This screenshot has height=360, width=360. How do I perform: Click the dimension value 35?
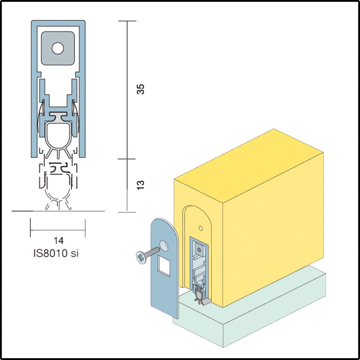140,89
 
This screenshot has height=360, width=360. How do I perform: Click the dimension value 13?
140,185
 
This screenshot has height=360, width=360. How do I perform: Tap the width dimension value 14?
59,240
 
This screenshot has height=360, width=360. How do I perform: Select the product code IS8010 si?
56,254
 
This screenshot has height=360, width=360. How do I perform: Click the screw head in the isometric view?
141,257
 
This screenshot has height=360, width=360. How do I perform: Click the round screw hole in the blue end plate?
164,246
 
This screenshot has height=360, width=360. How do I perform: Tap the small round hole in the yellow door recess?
200,228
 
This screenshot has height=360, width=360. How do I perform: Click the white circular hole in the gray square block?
58,48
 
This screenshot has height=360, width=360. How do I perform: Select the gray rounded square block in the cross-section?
58,48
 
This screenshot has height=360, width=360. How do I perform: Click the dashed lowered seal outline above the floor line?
58,186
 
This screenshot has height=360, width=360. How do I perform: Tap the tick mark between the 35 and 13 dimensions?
127,159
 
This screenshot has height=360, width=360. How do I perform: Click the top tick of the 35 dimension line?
128,21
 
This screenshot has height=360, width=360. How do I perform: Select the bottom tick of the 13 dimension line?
127,212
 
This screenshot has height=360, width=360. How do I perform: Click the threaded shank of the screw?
153,252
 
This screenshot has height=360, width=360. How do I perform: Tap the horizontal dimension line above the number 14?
58,230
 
